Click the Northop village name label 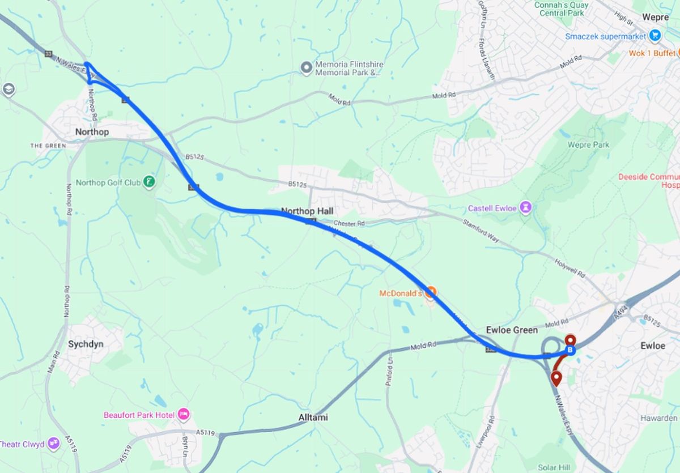tap(91, 132)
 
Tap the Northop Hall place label tap(307, 211)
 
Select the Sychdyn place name tap(86, 344)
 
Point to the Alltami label tap(313, 417)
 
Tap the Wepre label tap(656, 17)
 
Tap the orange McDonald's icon tap(431, 293)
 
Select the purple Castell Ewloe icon tap(526, 208)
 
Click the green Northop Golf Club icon tap(149, 182)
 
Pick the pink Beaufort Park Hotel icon tap(184, 415)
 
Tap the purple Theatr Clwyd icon tap(54, 443)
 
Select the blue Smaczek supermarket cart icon tap(656, 36)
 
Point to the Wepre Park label tap(588, 145)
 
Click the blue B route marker tap(570, 351)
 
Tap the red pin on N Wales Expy tap(556, 378)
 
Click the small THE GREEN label tap(48, 146)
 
